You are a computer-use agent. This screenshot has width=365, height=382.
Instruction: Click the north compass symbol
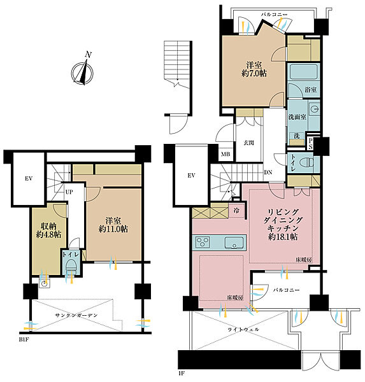click(x=82, y=73)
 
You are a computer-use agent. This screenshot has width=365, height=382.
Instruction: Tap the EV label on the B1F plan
click(x=29, y=178)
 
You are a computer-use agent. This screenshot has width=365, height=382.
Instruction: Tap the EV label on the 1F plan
click(x=191, y=176)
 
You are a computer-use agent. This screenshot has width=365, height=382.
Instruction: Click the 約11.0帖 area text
click(x=113, y=229)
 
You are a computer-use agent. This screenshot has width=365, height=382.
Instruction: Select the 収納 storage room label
click(x=48, y=226)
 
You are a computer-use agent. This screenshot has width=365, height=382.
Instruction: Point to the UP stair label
click(x=69, y=192)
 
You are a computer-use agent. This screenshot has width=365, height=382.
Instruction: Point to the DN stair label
click(x=268, y=173)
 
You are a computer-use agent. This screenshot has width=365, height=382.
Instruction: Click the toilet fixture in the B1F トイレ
click(x=71, y=266)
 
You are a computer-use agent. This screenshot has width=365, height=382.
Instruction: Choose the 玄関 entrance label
click(x=248, y=143)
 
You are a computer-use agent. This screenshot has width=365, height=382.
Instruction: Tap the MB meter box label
click(x=225, y=154)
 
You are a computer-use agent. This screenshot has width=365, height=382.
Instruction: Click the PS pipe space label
click(x=310, y=144)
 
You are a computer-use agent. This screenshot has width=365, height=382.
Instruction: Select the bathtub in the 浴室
click(x=304, y=71)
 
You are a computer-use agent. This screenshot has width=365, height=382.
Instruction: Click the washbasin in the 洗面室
click(x=314, y=108)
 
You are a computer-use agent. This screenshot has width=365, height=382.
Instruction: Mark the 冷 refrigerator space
click(x=236, y=211)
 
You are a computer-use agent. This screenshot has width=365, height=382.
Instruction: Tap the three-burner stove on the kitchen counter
click(x=203, y=243)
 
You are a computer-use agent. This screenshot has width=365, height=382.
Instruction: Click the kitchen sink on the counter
click(x=234, y=243)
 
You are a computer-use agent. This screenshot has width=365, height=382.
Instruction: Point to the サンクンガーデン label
click(x=76, y=315)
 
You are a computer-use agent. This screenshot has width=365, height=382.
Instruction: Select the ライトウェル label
click(x=243, y=329)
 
